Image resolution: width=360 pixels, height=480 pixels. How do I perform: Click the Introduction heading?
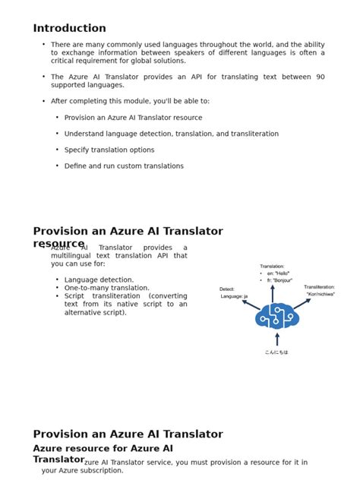[x=69, y=28]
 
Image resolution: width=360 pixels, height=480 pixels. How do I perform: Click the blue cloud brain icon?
[x=276, y=315]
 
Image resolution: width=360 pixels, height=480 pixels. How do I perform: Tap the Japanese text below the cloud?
[x=276, y=352]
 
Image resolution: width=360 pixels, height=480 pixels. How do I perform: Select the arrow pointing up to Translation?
[x=273, y=293]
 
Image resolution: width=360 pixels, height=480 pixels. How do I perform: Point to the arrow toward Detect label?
[x=251, y=305]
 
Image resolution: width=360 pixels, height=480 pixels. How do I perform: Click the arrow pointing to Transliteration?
[x=302, y=303]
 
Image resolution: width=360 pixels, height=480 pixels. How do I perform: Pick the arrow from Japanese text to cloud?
[x=276, y=339]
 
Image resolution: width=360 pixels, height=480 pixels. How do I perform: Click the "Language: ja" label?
[x=234, y=296]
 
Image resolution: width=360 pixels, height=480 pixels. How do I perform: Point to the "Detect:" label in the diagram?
[x=227, y=289]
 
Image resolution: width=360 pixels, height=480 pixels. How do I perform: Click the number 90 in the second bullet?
[x=320, y=77]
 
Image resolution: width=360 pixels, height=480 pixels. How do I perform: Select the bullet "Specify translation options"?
[x=109, y=150]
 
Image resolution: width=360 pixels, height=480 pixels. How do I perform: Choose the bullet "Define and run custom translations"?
[x=124, y=166]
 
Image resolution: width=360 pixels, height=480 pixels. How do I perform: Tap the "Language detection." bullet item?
[x=99, y=280]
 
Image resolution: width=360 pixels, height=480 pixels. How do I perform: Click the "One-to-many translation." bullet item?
[x=107, y=289]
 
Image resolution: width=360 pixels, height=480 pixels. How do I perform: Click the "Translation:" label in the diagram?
[x=272, y=267]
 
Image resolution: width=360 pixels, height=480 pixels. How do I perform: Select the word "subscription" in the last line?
[x=102, y=471]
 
